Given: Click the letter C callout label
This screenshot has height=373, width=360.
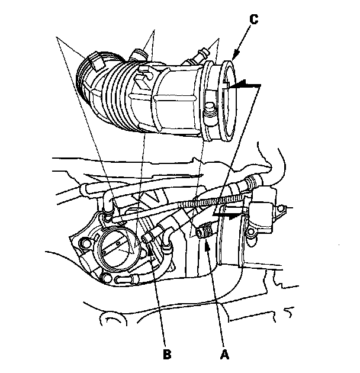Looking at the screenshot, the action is click(x=253, y=19).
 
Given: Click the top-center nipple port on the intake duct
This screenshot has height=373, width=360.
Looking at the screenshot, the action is click(x=140, y=54).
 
